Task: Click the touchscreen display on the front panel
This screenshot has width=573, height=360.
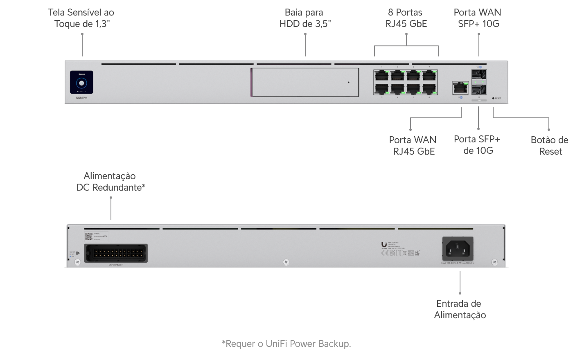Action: [x=81, y=82]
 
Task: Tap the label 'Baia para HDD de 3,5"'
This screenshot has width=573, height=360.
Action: [x=305, y=18]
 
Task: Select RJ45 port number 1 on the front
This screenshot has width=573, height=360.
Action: [x=381, y=75]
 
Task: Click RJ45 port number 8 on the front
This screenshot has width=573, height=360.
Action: [x=429, y=89]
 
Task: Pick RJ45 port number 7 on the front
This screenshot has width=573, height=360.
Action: [x=429, y=75]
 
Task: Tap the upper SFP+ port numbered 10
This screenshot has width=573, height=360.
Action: [x=479, y=74]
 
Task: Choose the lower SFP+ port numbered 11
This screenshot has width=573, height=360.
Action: [x=479, y=90]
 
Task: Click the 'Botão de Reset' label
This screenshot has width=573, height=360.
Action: [x=549, y=146]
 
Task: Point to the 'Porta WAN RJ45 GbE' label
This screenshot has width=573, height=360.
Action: [x=413, y=146]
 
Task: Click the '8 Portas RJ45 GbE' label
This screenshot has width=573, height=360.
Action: [x=406, y=18]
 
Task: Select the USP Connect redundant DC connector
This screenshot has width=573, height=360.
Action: [x=116, y=253]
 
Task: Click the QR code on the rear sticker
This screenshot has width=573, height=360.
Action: [x=89, y=236]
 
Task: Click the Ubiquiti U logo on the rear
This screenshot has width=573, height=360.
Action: [x=384, y=245]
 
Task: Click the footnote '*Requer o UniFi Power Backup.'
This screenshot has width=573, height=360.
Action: [x=286, y=344]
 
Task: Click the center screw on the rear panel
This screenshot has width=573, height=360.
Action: [x=286, y=262]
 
